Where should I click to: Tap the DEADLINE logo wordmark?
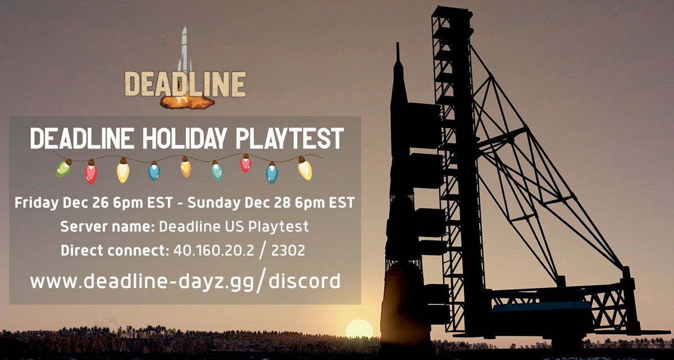[185, 84]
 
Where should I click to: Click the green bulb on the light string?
[63, 167]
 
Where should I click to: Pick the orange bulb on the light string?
[186, 167]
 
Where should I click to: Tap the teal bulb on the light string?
[217, 170]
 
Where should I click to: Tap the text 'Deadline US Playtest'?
[234, 227]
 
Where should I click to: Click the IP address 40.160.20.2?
[209, 250]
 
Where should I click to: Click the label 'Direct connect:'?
[113, 250]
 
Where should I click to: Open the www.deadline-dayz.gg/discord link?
[185, 280]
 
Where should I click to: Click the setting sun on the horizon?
[359, 329]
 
